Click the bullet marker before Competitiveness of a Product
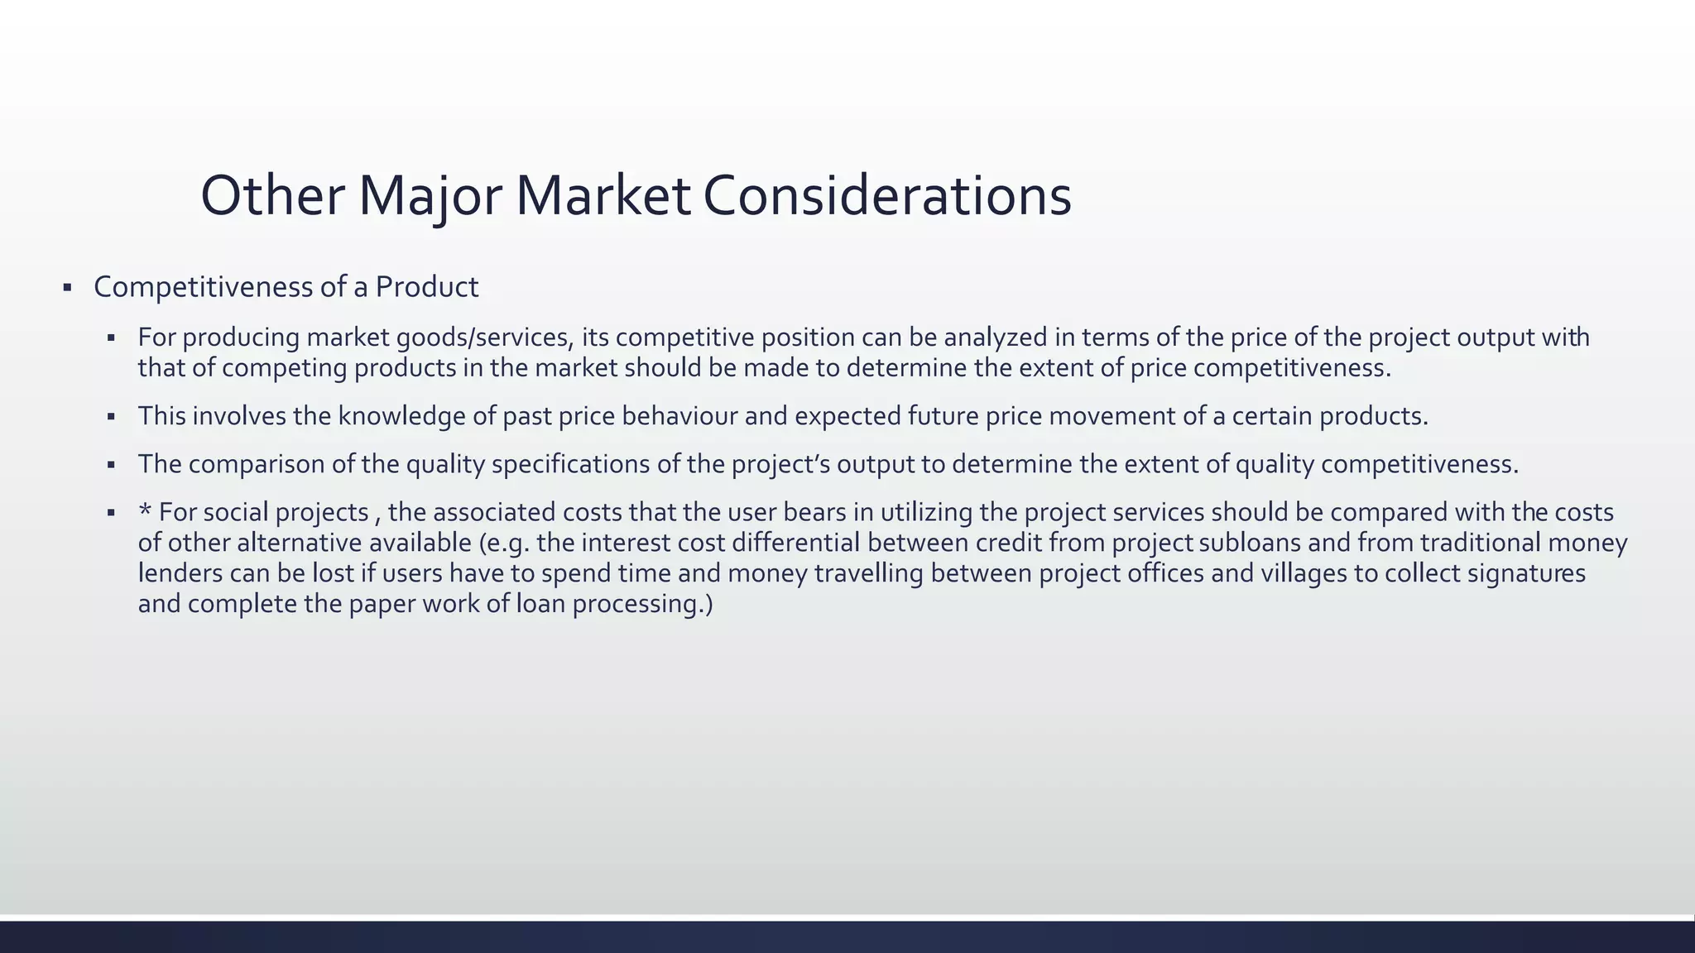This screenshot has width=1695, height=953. tap(67, 288)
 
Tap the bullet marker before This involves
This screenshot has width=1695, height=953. tap(111, 417)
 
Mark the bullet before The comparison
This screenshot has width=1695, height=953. tap(111, 465)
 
